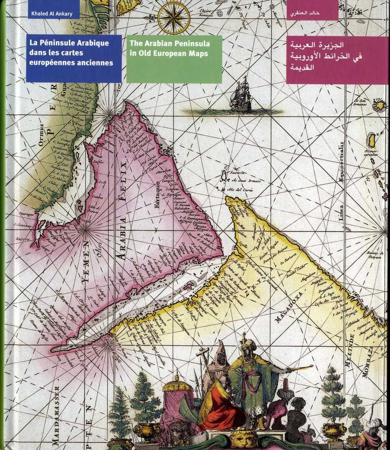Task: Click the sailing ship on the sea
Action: [241, 95]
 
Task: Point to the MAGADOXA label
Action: [291, 307]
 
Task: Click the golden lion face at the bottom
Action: [244, 438]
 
